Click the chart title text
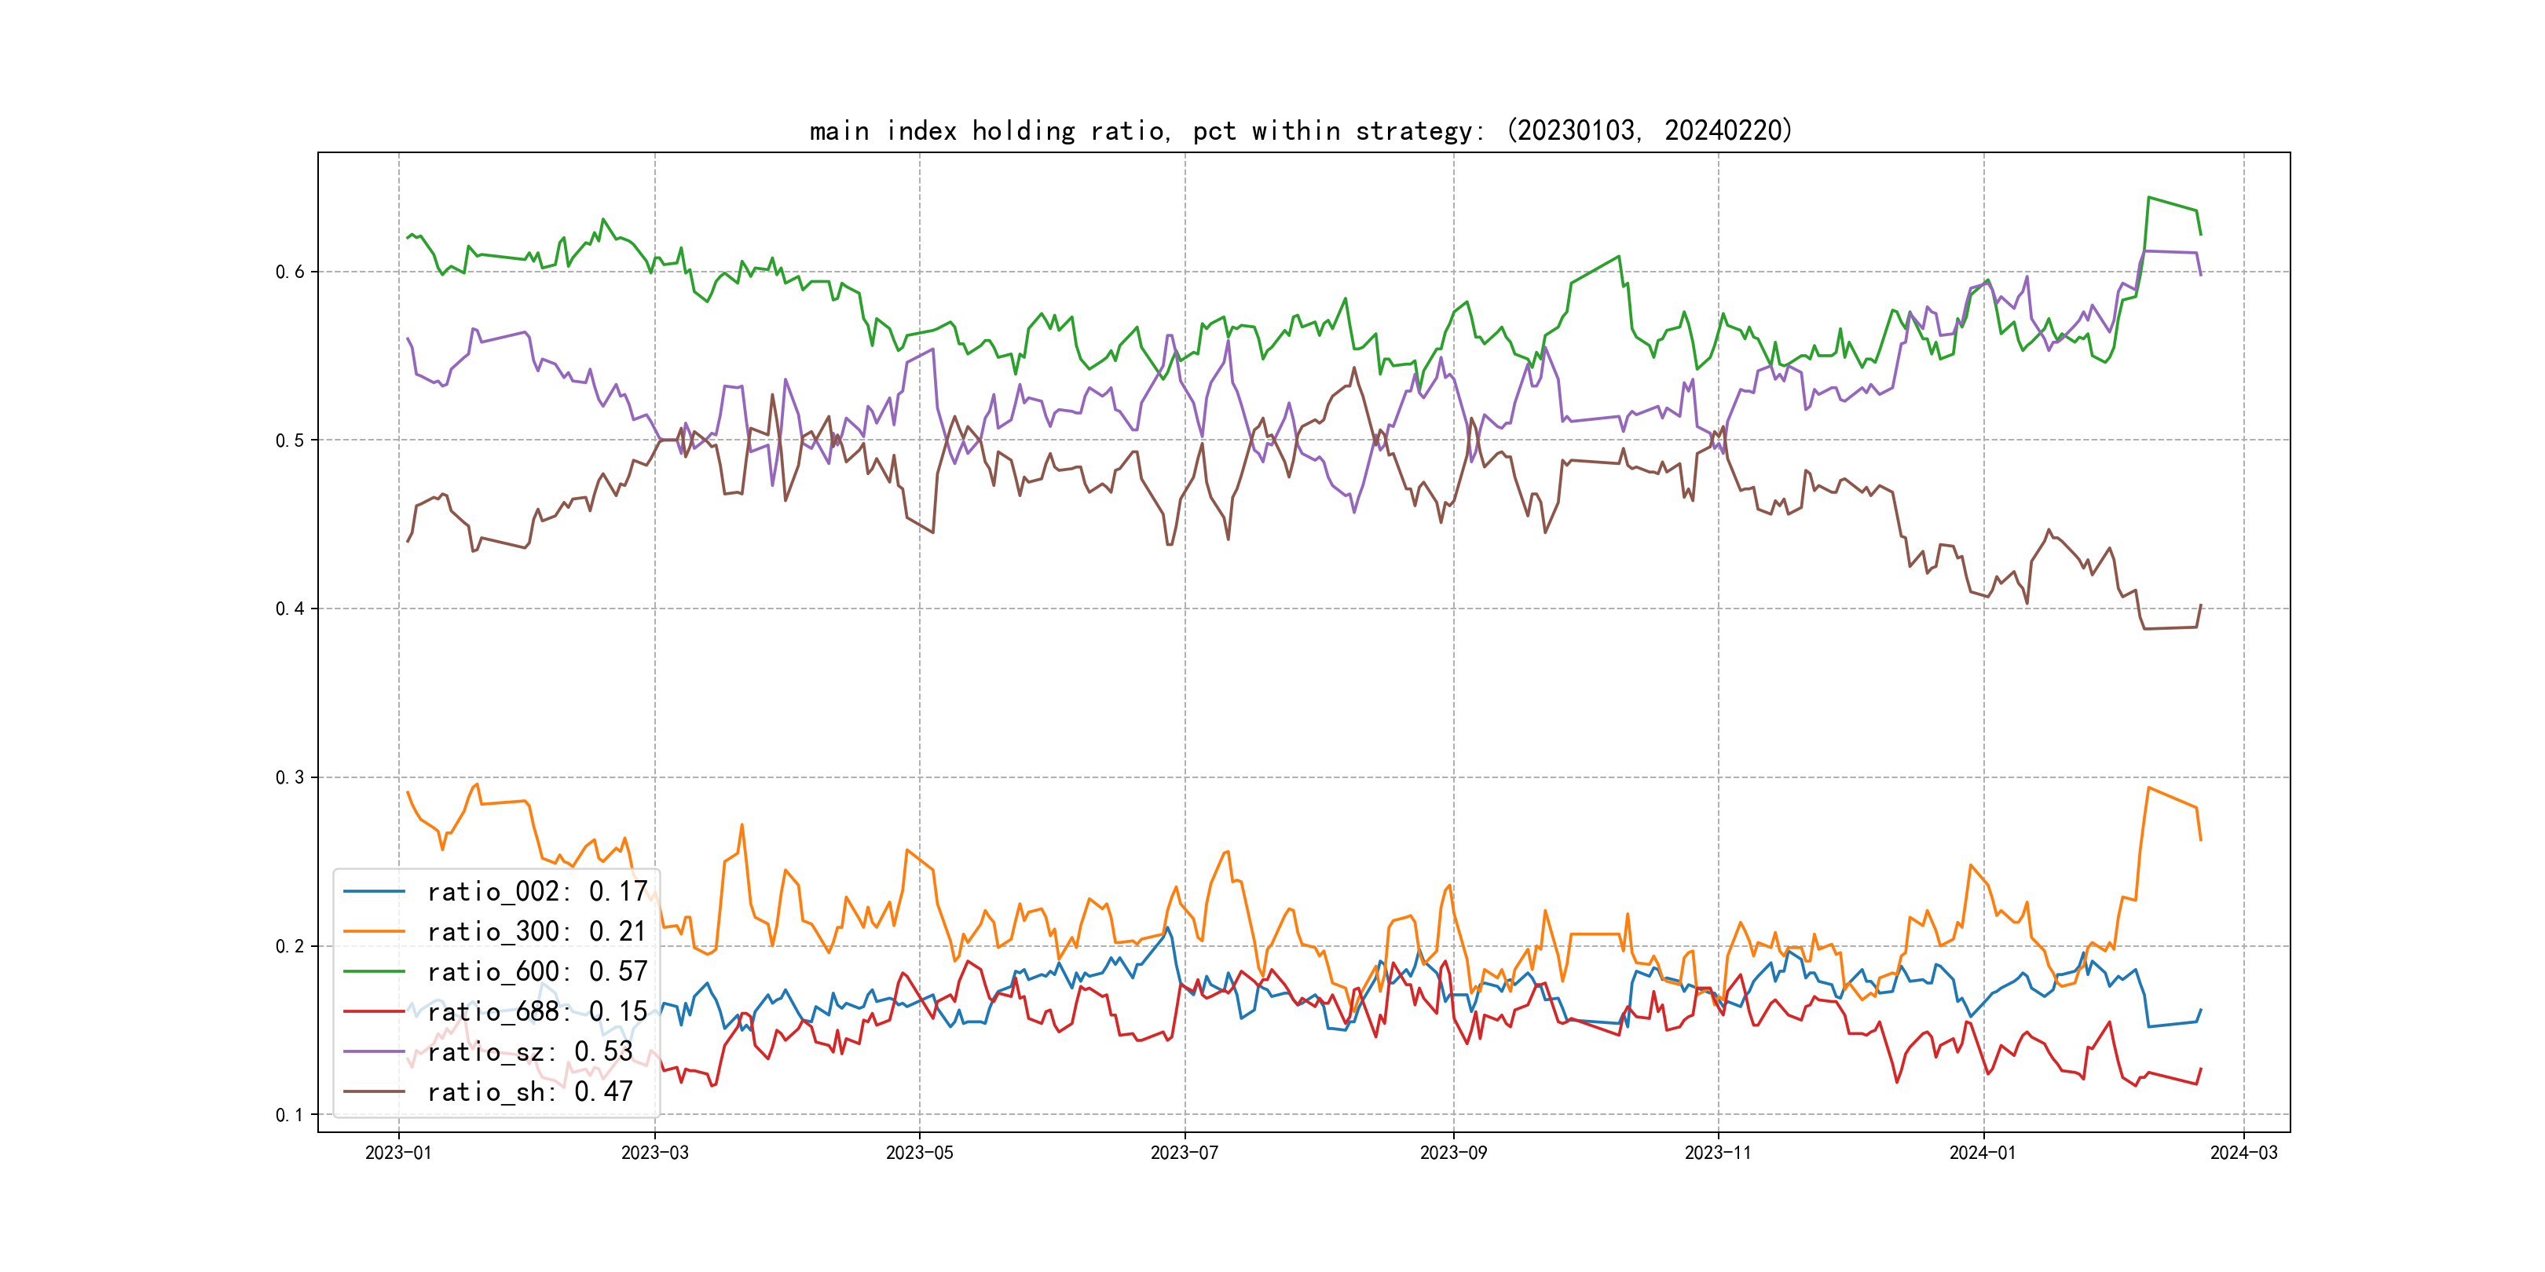point(1300,130)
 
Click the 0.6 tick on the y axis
point(290,272)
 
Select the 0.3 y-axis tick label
point(290,777)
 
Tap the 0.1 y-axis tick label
point(290,1115)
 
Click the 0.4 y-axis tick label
point(290,609)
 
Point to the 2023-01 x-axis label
point(398,1153)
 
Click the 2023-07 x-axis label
point(1185,1153)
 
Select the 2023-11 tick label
point(1718,1153)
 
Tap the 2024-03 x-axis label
point(2243,1153)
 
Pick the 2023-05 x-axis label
point(919,1153)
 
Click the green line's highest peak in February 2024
point(2149,198)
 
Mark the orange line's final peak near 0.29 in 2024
point(2149,788)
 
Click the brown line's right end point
point(2201,605)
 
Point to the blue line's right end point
point(2201,1009)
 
